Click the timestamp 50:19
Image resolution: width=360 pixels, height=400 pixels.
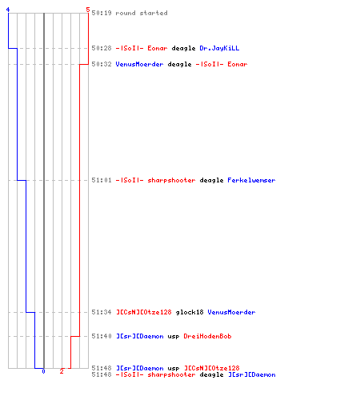102,13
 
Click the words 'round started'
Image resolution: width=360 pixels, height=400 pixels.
142,13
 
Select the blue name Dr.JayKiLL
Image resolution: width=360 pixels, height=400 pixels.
219,48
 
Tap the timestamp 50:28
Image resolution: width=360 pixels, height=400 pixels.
102,48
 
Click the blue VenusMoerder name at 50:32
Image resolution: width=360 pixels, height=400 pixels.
139,64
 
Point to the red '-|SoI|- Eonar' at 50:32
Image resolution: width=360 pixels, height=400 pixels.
222,64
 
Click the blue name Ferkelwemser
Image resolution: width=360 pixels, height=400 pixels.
251,180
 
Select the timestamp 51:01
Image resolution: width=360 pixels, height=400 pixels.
102,180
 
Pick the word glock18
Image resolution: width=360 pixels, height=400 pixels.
190,312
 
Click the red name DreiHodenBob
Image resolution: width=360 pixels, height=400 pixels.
207,336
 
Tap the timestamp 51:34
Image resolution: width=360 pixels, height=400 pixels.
102,312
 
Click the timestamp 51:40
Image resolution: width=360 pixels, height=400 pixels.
102,336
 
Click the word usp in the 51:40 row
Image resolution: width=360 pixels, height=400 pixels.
174,337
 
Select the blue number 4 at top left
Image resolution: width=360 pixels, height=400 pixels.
8,10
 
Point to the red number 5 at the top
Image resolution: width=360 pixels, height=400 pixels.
88,10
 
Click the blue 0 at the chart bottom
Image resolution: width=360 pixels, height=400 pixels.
43,371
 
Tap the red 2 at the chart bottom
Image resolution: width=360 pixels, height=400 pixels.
62,371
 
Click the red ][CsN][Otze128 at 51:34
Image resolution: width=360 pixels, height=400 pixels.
143,312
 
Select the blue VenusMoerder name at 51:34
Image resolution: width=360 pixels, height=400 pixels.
231,312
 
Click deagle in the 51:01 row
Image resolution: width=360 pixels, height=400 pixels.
211,181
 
